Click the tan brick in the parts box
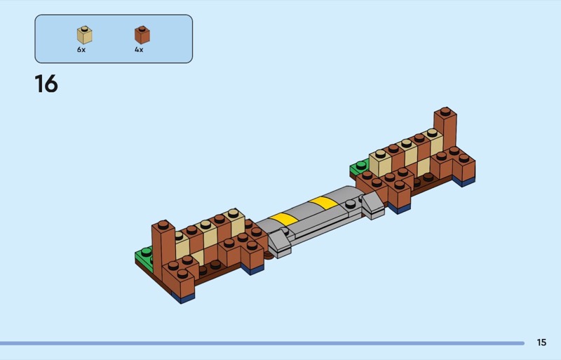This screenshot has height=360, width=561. point(84,35)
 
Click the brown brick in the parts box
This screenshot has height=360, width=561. point(142,35)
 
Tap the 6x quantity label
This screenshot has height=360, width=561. point(81,50)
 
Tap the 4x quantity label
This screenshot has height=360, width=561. point(139,50)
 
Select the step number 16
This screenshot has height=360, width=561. point(46,84)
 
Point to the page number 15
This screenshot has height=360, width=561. point(541,342)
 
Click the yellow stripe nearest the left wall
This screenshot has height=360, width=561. point(283,219)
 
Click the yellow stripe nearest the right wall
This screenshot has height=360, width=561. point(323,203)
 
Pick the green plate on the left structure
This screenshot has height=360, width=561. point(144,255)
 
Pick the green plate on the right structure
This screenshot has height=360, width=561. point(360,167)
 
